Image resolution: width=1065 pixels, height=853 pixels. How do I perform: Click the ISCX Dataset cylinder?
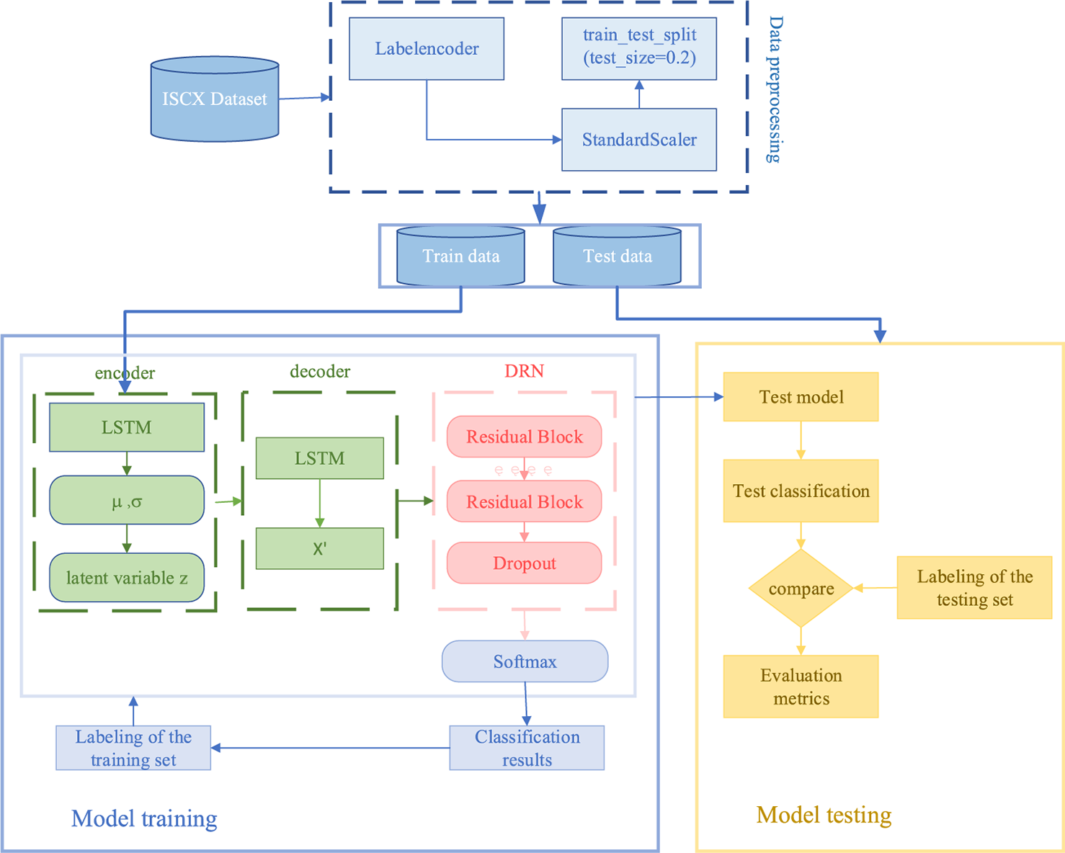coord(214,99)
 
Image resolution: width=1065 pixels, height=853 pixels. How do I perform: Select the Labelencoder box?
coord(426,49)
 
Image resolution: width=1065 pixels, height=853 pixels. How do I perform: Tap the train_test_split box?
coord(638,48)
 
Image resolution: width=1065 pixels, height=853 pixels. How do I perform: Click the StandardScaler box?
coord(638,140)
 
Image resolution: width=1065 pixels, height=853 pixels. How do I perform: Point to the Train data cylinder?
coord(460,256)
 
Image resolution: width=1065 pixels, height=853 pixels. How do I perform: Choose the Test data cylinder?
coord(617,256)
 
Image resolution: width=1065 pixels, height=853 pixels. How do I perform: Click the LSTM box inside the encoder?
coord(126,427)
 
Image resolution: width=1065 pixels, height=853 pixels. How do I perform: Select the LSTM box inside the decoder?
coord(319,458)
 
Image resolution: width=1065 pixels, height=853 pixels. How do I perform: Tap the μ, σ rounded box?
coord(126,501)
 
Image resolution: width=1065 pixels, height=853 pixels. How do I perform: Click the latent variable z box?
coord(126,578)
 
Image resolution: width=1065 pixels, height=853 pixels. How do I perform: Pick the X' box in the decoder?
coord(319,549)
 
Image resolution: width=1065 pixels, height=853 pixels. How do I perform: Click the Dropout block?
coord(524,563)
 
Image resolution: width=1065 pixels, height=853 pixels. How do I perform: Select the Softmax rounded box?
coord(525,661)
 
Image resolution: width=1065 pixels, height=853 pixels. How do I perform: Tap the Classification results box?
coord(527,748)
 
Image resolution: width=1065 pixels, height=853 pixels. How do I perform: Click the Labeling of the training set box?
coord(133,748)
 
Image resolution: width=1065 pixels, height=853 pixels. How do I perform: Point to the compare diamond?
coord(801,589)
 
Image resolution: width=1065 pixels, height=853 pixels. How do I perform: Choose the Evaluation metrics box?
coord(801,687)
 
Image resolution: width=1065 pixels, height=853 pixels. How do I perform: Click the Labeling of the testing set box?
coord(974,588)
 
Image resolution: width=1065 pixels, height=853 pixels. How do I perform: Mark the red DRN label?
coord(524,371)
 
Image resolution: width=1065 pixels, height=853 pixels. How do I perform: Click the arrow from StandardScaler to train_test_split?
coord(638,94)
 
